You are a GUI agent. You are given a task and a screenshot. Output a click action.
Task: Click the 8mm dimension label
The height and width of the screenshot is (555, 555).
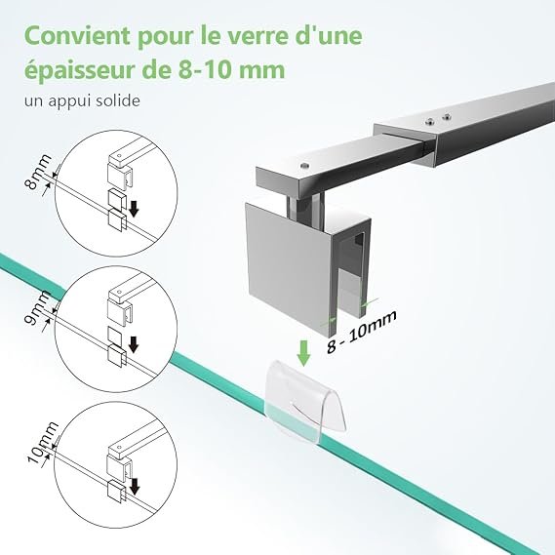(37, 172)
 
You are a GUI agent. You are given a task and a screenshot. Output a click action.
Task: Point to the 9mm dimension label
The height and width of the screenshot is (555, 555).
(37, 308)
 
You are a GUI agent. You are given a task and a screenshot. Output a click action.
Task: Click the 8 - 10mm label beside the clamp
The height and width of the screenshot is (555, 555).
(361, 332)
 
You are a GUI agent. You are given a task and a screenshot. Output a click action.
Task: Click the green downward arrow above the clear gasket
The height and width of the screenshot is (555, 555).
(303, 353)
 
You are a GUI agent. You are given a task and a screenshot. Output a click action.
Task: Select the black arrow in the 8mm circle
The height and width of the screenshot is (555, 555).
(134, 209)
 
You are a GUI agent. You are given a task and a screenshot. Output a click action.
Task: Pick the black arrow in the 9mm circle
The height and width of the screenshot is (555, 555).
(133, 344)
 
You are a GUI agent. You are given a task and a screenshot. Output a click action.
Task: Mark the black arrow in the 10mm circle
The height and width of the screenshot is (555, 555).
(135, 486)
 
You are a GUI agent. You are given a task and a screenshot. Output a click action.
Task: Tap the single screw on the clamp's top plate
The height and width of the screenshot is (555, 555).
(303, 165)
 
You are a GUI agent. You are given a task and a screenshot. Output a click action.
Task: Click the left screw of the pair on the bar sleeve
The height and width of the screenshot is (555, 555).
(430, 122)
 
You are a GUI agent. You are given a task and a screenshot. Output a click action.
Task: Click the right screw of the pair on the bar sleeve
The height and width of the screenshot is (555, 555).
(447, 116)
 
